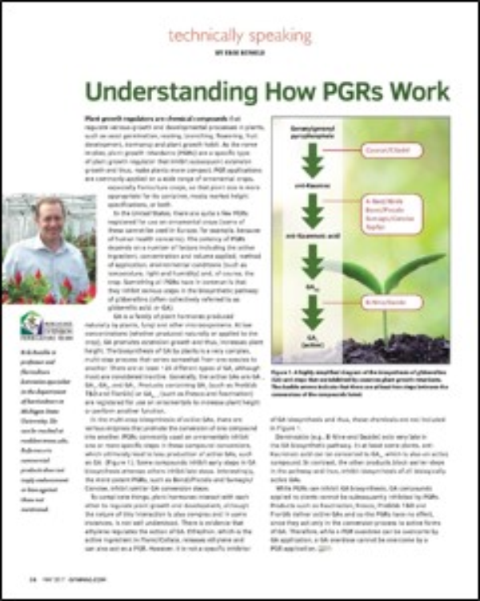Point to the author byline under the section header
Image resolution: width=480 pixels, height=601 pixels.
pyautogui.click(x=240, y=52)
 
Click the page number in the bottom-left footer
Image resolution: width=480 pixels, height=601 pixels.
pyautogui.click(x=33, y=577)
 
